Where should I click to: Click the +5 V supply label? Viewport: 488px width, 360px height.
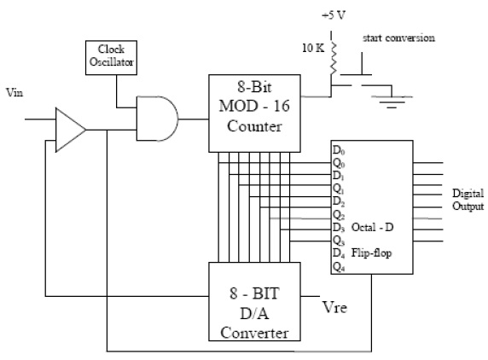click(332, 15)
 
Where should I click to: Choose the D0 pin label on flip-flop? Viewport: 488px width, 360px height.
click(339, 149)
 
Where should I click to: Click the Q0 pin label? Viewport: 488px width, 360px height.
click(339, 162)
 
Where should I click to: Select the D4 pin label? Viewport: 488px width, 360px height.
click(339, 252)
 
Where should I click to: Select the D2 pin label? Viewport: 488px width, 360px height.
click(339, 200)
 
